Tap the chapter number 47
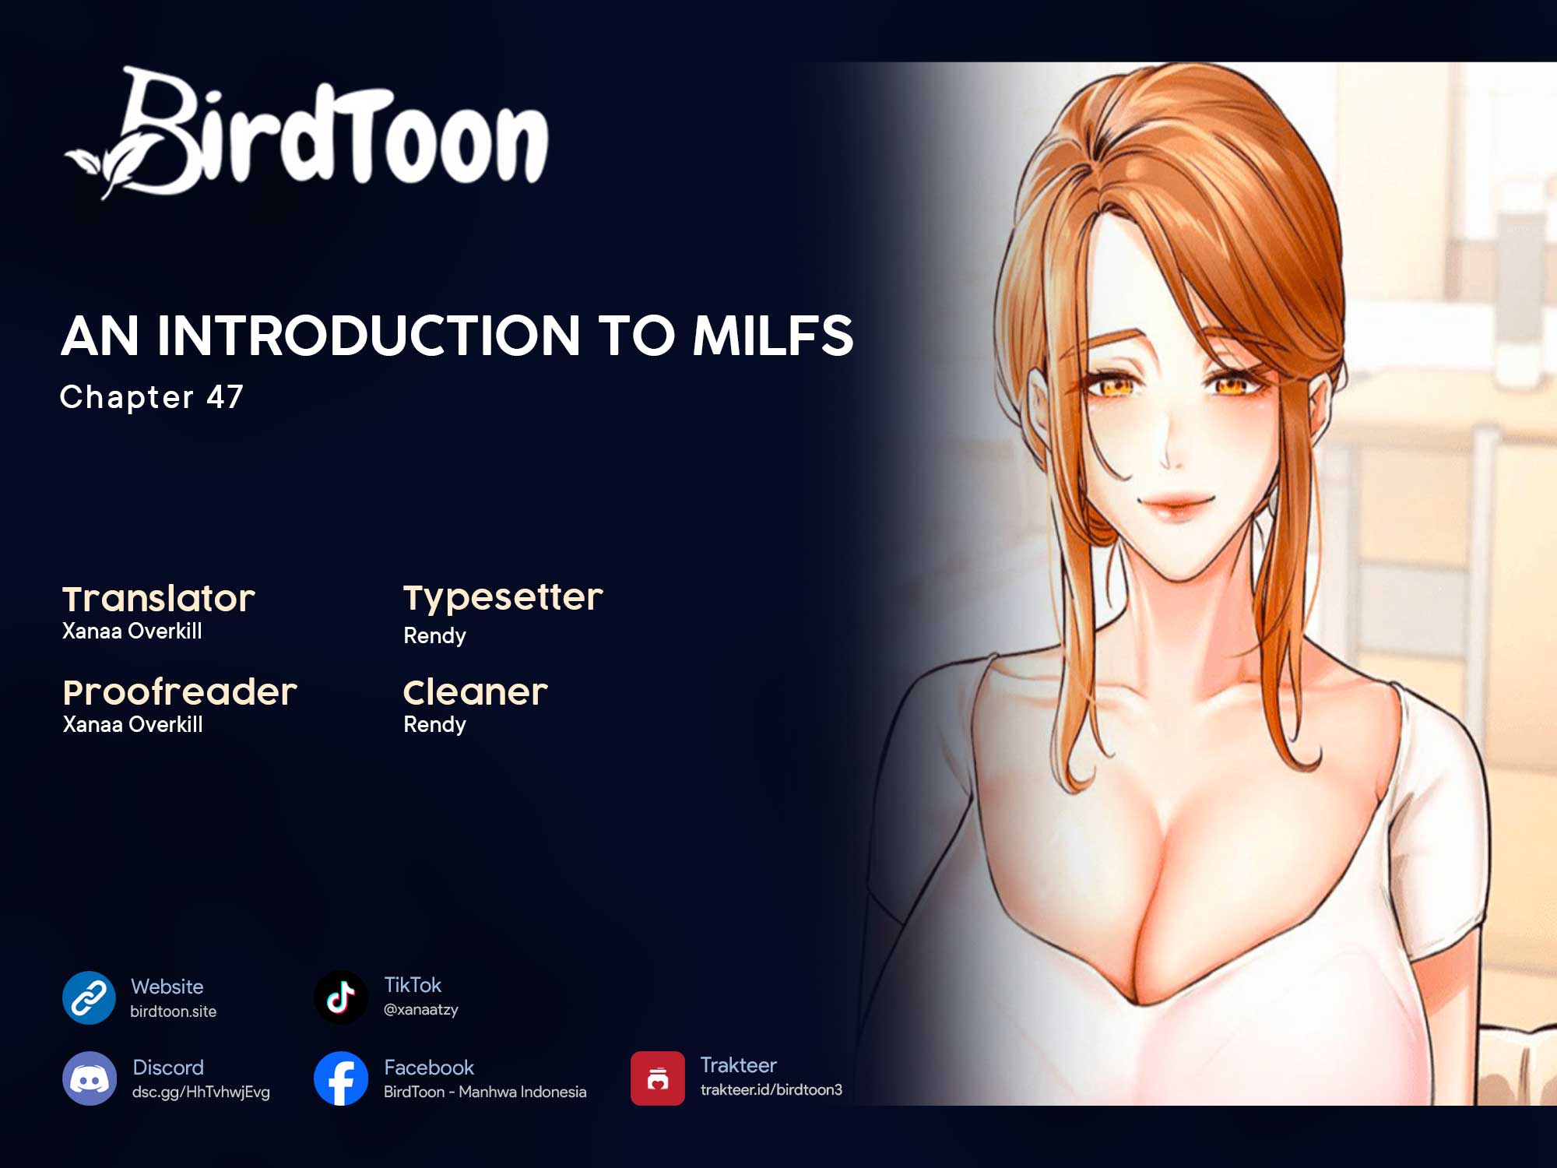[x=225, y=397]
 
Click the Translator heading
[x=159, y=599]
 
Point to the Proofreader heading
[x=180, y=692]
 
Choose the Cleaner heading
[x=476, y=692]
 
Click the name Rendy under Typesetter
[x=434, y=635]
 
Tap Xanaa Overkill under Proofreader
[x=132, y=724]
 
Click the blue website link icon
[x=90, y=997]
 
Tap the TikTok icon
[x=341, y=997]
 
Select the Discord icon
[x=90, y=1078]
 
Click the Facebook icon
[x=341, y=1078]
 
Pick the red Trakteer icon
[x=658, y=1078]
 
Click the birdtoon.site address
[x=173, y=1011]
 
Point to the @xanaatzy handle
[x=421, y=1010]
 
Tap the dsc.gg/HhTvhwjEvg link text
[x=201, y=1092]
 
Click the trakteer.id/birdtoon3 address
[x=771, y=1089]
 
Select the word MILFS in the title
[x=773, y=336]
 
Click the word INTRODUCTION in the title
[x=369, y=336]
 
